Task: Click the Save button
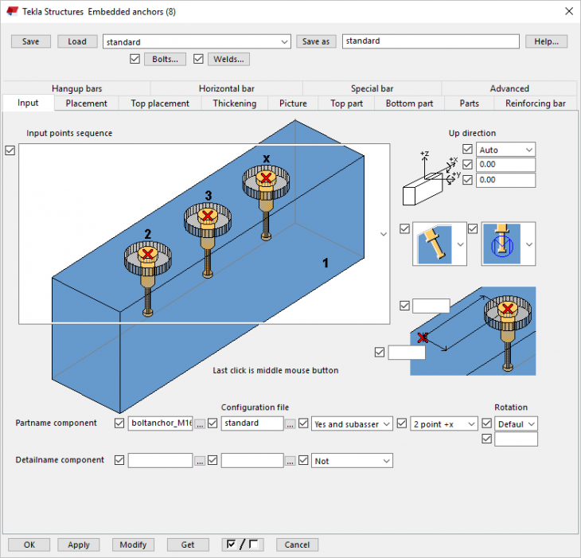click(x=30, y=41)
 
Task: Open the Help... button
click(x=545, y=41)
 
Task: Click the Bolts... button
click(x=165, y=59)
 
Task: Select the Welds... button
click(x=228, y=59)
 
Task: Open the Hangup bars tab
click(x=76, y=88)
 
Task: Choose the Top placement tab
click(x=160, y=103)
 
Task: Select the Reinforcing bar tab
click(x=536, y=103)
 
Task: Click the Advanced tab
click(x=509, y=88)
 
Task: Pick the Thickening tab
click(x=234, y=103)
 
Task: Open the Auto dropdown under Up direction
click(x=505, y=150)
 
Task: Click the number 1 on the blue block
click(x=325, y=262)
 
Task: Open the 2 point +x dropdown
click(x=444, y=423)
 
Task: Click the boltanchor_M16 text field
click(x=160, y=423)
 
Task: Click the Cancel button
click(x=297, y=544)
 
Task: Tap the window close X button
click(x=567, y=10)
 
